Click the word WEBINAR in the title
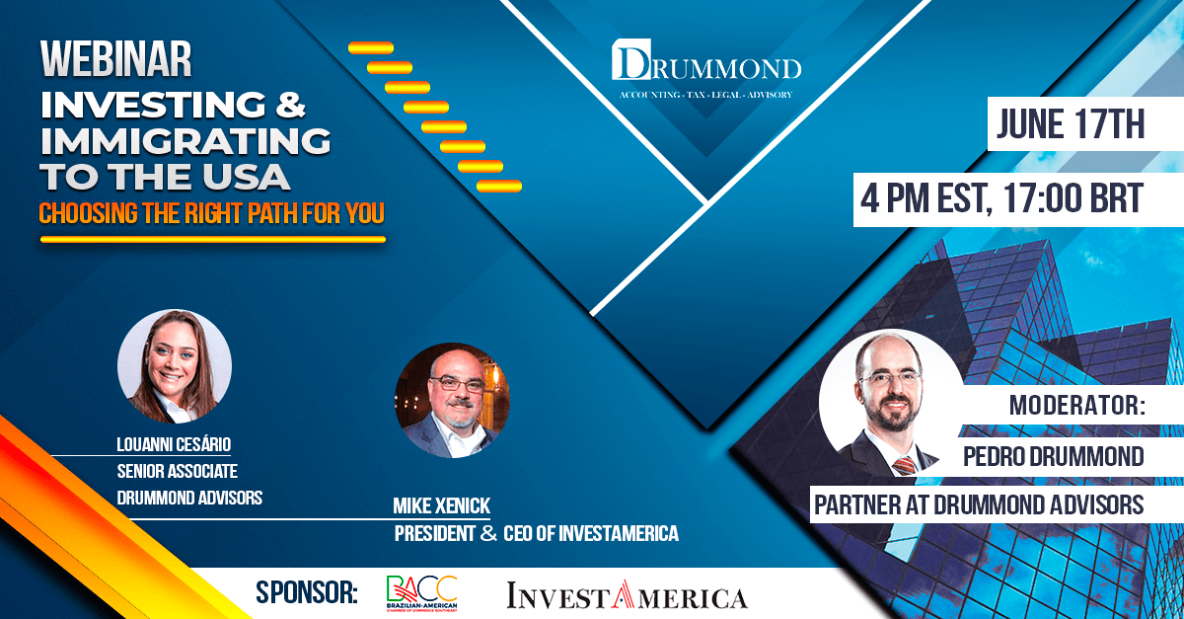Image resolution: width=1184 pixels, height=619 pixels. pyautogui.click(x=115, y=58)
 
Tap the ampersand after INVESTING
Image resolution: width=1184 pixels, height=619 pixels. pyautogui.click(x=290, y=104)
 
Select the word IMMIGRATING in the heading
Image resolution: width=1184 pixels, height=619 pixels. pyautogui.click(x=185, y=140)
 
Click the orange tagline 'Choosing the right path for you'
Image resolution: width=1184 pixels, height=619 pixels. pyautogui.click(x=211, y=213)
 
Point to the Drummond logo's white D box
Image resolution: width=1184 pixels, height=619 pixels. pyautogui.click(x=631, y=59)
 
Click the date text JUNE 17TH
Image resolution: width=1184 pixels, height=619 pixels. pyautogui.click(x=1071, y=123)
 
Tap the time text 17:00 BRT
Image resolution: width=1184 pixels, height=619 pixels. pyautogui.click(x=1073, y=198)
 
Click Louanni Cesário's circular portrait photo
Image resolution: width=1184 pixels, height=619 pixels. pyautogui.click(x=175, y=366)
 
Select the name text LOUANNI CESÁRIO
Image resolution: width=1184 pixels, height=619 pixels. pyautogui.click(x=174, y=444)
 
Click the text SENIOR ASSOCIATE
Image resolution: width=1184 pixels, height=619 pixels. pyautogui.click(x=177, y=471)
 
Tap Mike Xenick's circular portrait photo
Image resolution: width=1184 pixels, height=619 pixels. pyautogui.click(x=452, y=401)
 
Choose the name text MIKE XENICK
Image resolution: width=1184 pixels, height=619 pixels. pyautogui.click(x=441, y=505)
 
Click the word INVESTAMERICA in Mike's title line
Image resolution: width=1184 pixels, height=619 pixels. pyautogui.click(x=619, y=533)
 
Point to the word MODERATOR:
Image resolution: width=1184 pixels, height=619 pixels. pyautogui.click(x=1077, y=405)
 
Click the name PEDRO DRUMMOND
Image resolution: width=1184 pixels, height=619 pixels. pyautogui.click(x=1054, y=456)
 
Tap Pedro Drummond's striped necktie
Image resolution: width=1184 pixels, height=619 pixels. pyautogui.click(x=905, y=466)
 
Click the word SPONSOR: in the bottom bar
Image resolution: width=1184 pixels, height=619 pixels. pyautogui.click(x=307, y=592)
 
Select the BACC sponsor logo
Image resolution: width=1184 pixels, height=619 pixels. pyautogui.click(x=422, y=593)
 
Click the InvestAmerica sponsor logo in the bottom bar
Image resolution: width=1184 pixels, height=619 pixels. pyautogui.click(x=627, y=595)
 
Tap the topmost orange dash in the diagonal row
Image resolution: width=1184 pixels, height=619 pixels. pyautogui.click(x=371, y=48)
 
